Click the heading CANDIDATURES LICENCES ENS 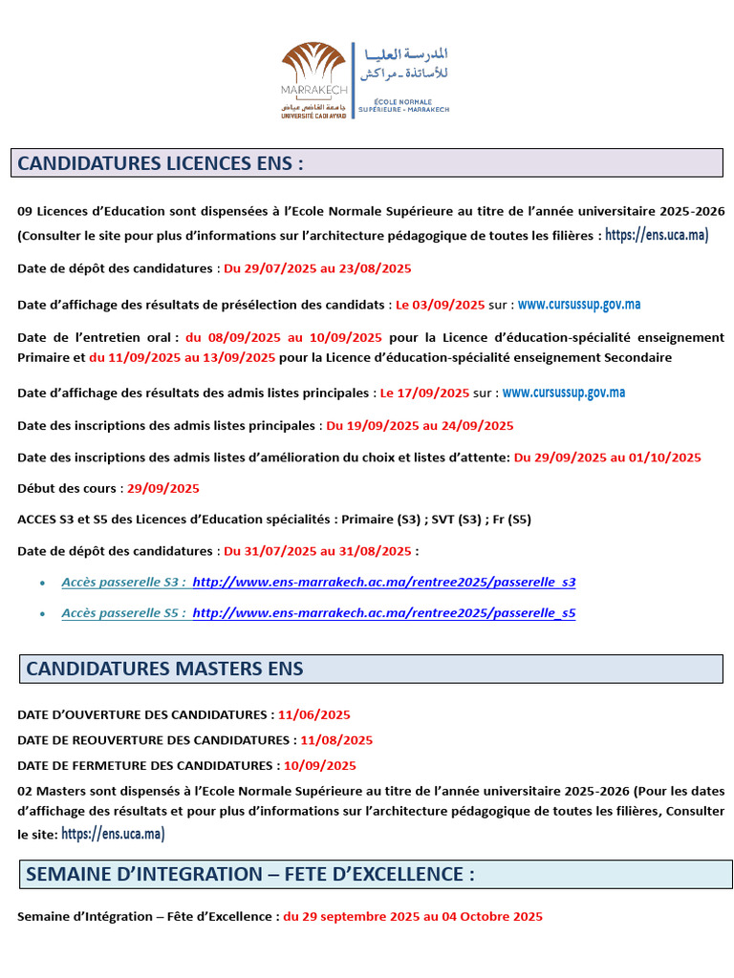[161, 163]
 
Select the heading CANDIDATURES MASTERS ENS [164, 669]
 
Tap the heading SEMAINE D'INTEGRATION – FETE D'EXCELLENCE [250, 874]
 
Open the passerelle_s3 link [384, 582]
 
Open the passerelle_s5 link [384, 613]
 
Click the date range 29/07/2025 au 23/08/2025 [317, 268]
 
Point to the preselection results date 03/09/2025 [441, 305]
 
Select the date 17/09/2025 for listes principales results [425, 393]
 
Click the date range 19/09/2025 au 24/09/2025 [420, 425]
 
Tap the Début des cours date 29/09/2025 [163, 488]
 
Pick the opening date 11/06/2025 [314, 714]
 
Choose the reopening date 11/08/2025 [336, 740]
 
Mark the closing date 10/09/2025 [319, 765]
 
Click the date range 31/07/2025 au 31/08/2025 [317, 551]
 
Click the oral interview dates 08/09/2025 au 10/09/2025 [284, 337]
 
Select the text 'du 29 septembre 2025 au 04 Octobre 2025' [413, 917]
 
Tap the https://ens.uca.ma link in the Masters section [113, 834]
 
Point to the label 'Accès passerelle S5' [123, 613]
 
